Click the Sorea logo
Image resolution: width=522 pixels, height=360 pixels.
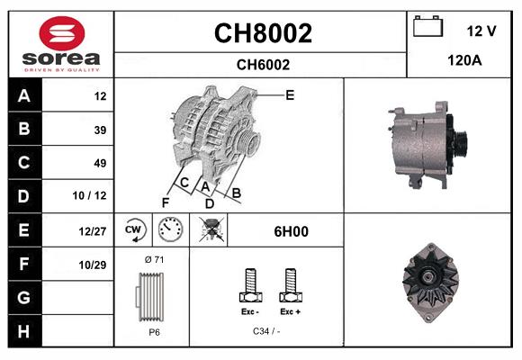(x=61, y=44)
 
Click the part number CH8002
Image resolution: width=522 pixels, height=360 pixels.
(x=262, y=33)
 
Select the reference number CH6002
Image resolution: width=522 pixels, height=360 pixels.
(x=262, y=64)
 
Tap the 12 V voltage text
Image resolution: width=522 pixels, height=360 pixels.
(x=481, y=31)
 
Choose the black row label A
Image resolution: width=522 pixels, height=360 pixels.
(x=23, y=95)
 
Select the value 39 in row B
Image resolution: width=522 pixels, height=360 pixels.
(x=100, y=130)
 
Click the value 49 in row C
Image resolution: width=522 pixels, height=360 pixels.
(x=100, y=163)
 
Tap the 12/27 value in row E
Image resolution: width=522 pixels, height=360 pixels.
(x=94, y=231)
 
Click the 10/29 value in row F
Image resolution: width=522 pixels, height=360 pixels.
(x=94, y=265)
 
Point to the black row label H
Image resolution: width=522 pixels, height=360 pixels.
(x=23, y=330)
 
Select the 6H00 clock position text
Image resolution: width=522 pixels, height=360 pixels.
(x=291, y=231)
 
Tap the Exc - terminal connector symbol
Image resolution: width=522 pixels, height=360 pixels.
(x=251, y=285)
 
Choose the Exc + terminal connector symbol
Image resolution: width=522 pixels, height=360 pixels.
(x=290, y=285)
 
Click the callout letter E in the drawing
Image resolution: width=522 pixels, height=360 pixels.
(x=290, y=94)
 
